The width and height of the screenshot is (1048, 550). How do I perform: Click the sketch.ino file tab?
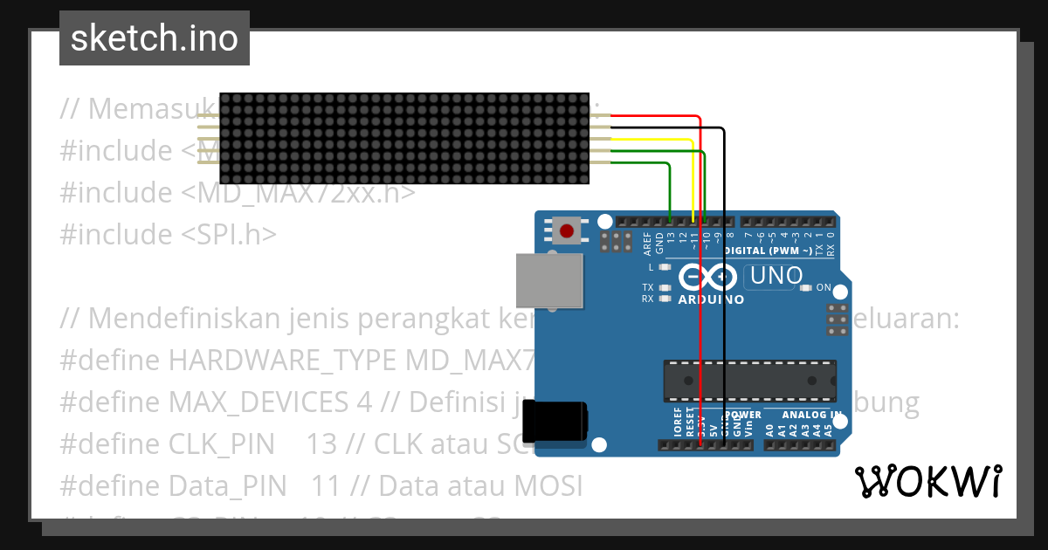click(154, 38)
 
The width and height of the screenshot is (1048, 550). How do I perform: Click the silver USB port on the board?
click(549, 280)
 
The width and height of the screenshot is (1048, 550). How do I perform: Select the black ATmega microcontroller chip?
click(748, 381)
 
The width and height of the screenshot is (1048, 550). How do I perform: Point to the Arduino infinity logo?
click(708, 278)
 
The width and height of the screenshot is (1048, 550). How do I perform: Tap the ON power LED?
click(805, 287)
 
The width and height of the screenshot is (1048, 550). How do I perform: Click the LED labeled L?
click(665, 267)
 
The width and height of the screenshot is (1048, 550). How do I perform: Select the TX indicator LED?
click(665, 287)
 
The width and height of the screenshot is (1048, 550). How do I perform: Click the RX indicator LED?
click(665, 299)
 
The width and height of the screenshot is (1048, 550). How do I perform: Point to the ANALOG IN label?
click(811, 415)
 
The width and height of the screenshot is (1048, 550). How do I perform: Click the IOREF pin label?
click(678, 422)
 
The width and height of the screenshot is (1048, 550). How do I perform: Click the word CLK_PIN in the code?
click(221, 443)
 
